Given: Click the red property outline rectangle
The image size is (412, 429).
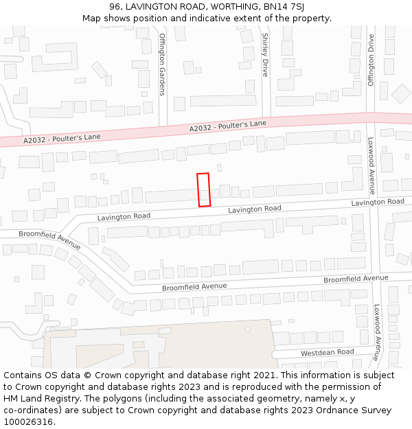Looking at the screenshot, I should point(203,189).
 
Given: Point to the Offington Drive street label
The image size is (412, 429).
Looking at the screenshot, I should point(371,60).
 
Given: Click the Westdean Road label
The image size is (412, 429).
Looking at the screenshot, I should point(327,352).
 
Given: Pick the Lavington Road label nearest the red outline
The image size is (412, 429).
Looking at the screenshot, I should point(255,209).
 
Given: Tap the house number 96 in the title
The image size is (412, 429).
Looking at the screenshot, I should point(115,7).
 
